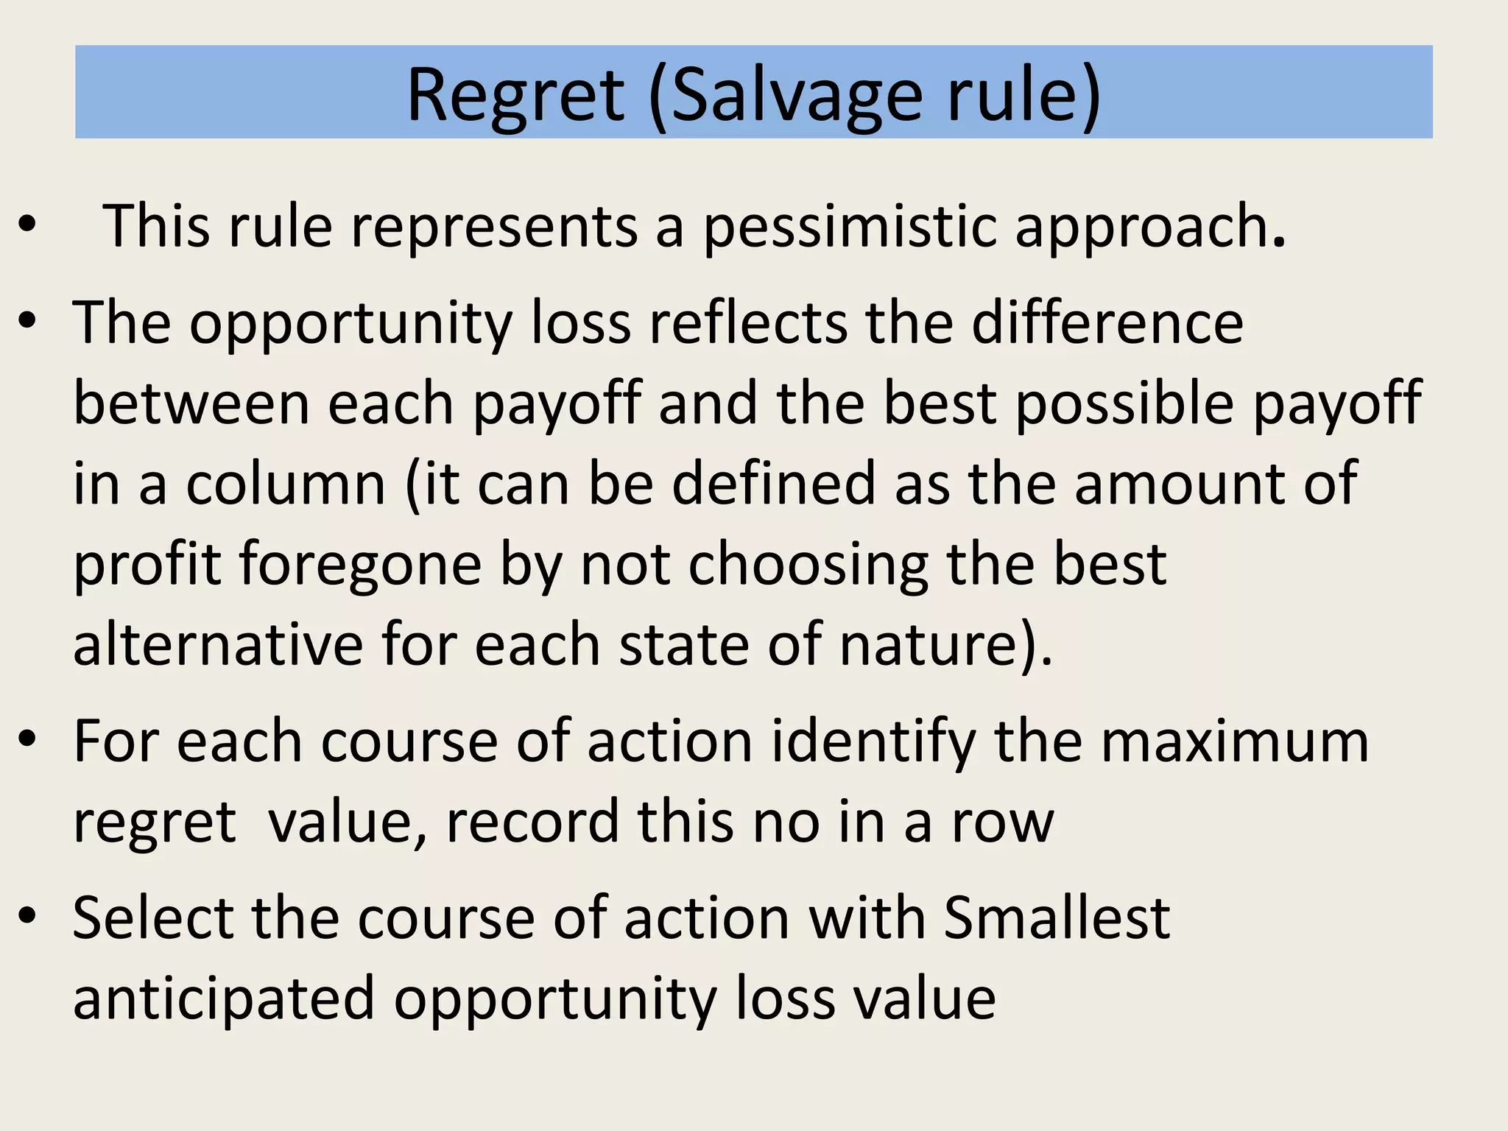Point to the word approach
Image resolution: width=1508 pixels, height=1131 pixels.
(x=1149, y=226)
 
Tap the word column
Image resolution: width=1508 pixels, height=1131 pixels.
(x=286, y=485)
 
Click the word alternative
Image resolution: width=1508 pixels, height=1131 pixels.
(x=218, y=645)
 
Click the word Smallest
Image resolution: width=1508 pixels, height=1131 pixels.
(x=1057, y=918)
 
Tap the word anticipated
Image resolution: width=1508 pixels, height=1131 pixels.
(x=224, y=999)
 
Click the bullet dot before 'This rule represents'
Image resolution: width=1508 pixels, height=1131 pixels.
(x=27, y=226)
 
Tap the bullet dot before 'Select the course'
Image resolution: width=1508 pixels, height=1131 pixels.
(x=27, y=917)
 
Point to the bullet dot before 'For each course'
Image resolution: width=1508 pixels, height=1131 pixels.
(x=27, y=740)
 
